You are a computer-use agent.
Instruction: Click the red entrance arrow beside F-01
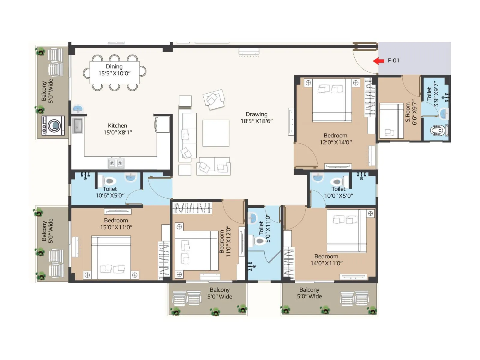point(378,61)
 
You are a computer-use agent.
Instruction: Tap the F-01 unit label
point(393,61)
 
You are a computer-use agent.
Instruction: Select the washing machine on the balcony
point(53,126)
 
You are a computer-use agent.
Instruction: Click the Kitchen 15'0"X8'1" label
point(118,129)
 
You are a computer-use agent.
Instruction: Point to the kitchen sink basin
point(78,125)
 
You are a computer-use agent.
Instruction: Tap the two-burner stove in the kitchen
point(116,163)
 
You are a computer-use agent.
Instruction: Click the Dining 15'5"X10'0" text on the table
point(114,70)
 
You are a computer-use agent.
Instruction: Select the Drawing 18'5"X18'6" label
point(256,118)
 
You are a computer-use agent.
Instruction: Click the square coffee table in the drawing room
point(216,133)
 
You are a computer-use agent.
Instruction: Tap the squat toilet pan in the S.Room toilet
point(437,131)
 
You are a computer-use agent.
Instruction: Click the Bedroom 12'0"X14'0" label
point(335,139)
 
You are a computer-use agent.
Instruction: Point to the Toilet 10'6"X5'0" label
point(110,192)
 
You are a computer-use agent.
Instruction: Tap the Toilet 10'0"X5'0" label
point(338,192)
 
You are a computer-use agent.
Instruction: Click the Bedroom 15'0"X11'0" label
point(116,224)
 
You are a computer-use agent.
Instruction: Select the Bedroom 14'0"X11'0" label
point(326,260)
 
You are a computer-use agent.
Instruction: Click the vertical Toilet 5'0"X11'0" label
point(264,229)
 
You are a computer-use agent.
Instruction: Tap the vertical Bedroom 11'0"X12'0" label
point(225,241)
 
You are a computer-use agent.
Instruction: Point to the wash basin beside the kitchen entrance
point(78,108)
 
